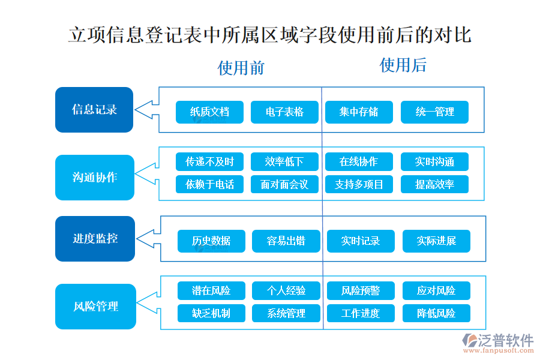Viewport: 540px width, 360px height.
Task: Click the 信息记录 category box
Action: (94, 110)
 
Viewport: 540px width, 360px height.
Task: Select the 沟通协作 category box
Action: (94, 178)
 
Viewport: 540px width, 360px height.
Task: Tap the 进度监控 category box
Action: (95, 239)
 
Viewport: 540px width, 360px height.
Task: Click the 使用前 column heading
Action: (241, 67)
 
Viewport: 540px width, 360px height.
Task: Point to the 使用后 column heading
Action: (403, 65)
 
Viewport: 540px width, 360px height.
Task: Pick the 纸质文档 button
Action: (209, 112)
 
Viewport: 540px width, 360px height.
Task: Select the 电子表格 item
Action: (284, 112)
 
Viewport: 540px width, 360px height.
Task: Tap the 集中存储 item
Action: (359, 112)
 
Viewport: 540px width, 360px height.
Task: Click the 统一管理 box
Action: (434, 112)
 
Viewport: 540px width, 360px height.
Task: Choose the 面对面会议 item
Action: (284, 185)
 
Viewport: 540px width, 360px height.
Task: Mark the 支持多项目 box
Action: (359, 185)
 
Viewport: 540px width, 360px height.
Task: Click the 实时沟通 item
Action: (434, 162)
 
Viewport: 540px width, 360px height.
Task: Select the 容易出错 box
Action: (286, 241)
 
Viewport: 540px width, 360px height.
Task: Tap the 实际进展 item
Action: (436, 241)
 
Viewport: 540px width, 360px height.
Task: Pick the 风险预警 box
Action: (361, 291)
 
